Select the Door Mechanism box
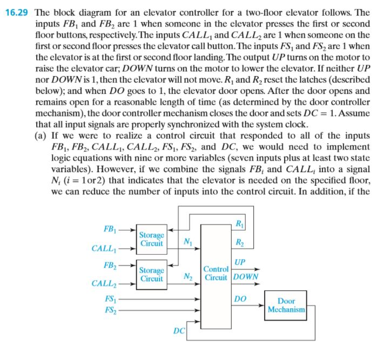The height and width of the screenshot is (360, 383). point(286,307)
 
